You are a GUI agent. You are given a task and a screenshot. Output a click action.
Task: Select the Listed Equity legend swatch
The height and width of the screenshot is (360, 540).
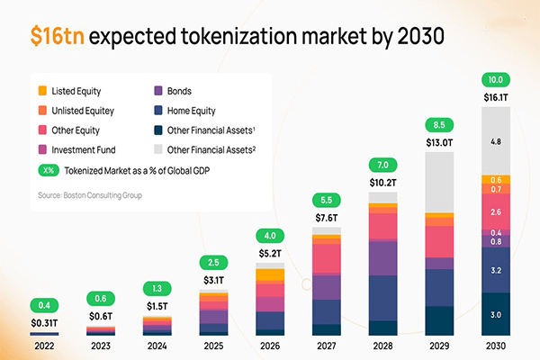42,91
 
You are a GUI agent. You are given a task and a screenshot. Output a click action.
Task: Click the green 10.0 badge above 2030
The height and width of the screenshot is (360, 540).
494,78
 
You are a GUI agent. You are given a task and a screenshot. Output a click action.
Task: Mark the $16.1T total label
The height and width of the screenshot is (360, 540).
494,96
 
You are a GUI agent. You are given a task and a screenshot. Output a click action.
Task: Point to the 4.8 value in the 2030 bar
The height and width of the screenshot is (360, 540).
494,141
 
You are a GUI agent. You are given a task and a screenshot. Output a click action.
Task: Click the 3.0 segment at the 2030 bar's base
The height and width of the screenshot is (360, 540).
494,314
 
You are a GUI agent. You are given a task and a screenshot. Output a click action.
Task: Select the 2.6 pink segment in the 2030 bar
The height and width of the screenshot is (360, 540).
494,212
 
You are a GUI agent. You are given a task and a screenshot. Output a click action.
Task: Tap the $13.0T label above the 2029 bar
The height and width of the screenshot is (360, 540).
438,140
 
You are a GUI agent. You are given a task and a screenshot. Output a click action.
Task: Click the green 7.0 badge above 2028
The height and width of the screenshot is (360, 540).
382,165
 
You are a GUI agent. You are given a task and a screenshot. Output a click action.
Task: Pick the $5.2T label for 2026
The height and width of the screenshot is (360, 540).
270,254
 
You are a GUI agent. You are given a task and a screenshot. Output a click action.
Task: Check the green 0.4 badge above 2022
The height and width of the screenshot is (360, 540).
45,304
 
